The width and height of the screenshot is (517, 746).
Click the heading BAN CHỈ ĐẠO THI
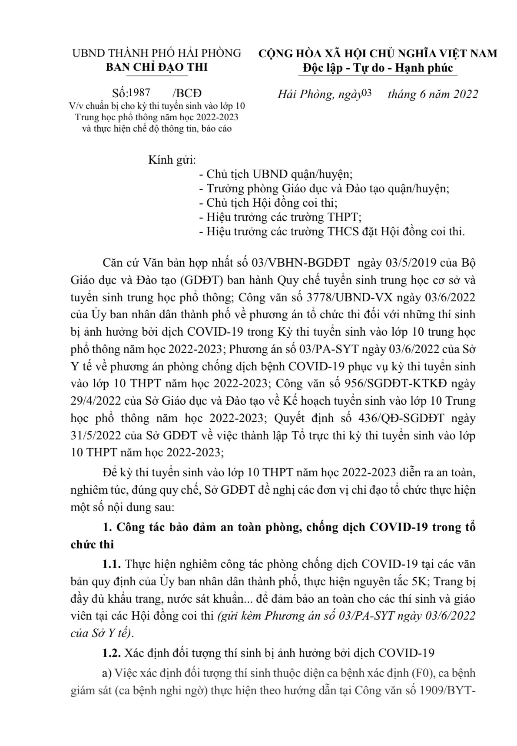[157, 67]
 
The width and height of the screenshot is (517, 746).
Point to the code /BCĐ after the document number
[187, 94]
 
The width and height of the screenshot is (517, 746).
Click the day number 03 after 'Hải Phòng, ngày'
[367, 93]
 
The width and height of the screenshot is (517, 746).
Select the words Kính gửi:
[172, 160]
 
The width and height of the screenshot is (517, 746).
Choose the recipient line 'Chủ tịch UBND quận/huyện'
[275, 174]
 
